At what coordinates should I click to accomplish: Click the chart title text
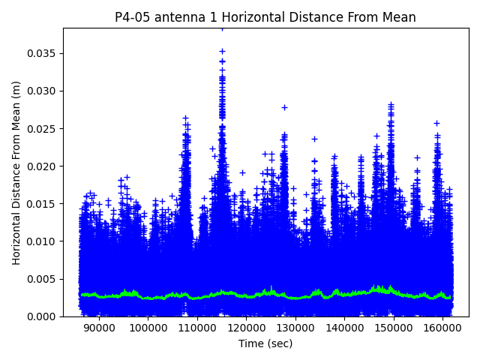265,17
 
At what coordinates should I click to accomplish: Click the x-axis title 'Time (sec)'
265,343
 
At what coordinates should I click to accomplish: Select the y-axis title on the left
16,172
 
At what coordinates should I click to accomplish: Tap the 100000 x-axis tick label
148,328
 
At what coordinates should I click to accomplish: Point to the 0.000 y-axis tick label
43,316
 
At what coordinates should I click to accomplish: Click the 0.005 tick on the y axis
43,279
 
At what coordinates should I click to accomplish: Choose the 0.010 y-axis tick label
43,241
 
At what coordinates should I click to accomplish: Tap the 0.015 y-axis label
43,204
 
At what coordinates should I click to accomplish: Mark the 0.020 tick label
43,166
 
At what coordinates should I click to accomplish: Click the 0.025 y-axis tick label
43,129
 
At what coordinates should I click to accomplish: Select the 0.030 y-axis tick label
43,91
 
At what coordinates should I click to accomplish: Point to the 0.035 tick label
43,54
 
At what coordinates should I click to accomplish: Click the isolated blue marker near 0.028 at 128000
284,107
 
